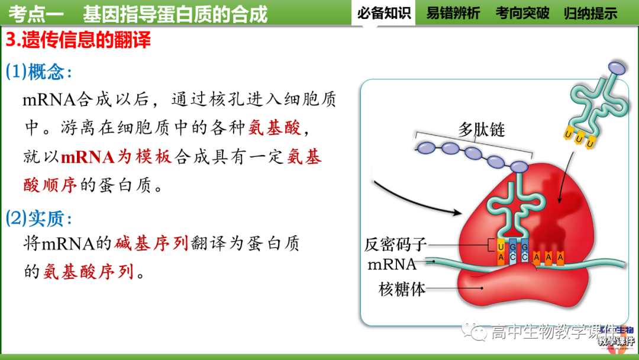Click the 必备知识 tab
[x=384, y=13]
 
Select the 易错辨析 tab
[x=453, y=13]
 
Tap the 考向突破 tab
[x=522, y=13]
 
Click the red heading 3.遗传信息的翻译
[x=78, y=40]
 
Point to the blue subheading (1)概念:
[x=39, y=72]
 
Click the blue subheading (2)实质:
[x=39, y=218]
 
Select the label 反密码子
[x=395, y=244]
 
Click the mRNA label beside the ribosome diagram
[x=392, y=264]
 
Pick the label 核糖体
[x=402, y=290]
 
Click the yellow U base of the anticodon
[x=501, y=246]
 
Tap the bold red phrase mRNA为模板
[x=116, y=157]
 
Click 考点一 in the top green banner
[x=36, y=13]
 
